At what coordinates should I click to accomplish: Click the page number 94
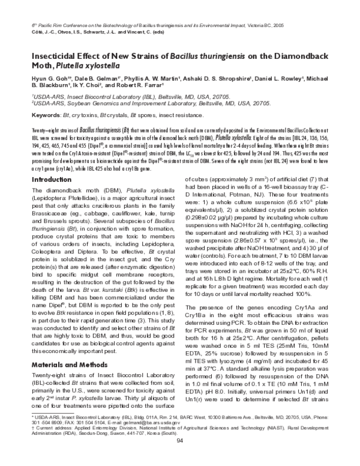(x=179, y=458)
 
